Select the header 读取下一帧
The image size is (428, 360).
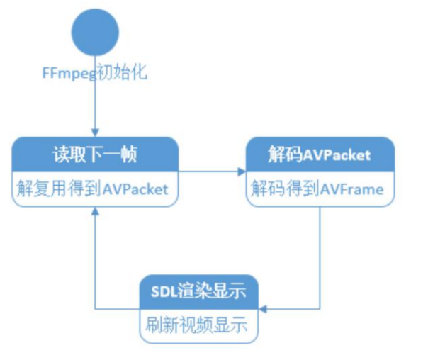[x=94, y=154]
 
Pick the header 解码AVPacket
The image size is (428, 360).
[x=319, y=154]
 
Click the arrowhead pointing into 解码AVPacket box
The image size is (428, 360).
[x=242, y=171]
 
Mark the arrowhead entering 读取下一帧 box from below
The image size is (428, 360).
[x=94, y=210]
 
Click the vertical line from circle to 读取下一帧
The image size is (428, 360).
[x=94, y=106]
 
